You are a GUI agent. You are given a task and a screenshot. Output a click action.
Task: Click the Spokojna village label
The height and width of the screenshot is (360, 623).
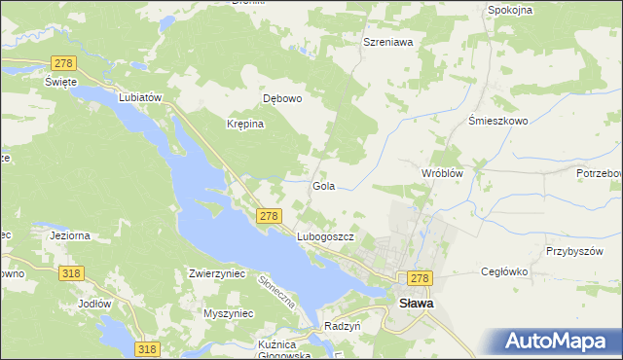(510, 10)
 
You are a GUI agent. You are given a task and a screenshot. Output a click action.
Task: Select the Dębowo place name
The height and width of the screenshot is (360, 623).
(283, 98)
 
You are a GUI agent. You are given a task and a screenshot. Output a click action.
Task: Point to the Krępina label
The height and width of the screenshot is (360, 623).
(246, 125)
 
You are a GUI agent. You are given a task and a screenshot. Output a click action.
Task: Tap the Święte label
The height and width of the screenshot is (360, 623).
(60, 82)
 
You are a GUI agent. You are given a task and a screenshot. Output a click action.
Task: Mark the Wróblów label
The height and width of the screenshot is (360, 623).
(440, 172)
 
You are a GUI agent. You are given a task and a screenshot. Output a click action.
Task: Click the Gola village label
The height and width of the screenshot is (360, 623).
(324, 185)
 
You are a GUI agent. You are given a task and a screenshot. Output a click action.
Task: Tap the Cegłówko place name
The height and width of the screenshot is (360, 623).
(504, 273)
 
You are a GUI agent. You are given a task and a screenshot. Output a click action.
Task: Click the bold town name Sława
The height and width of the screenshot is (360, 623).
(417, 303)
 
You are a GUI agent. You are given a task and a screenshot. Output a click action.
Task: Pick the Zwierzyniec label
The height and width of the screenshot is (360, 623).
(217, 274)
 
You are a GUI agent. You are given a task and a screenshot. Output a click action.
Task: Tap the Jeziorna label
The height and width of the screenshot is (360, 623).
(69, 235)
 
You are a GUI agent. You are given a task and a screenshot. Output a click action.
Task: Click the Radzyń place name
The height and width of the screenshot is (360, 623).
(343, 327)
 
